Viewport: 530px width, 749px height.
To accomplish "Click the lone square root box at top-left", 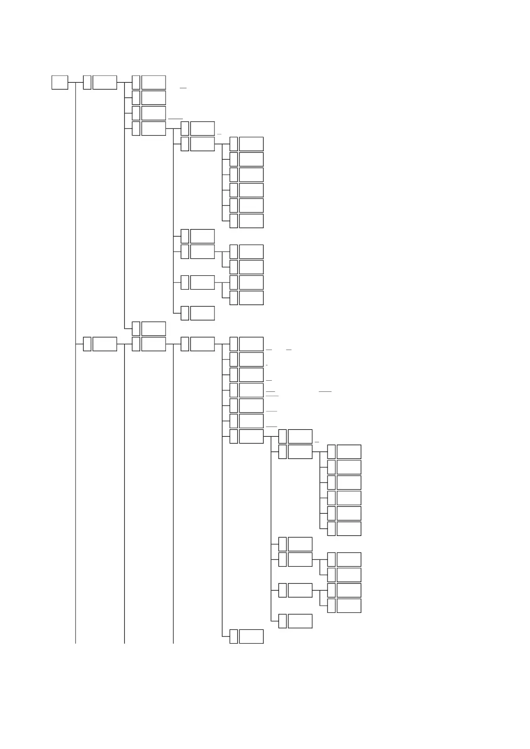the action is click(x=60, y=82).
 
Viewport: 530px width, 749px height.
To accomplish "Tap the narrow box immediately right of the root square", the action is click(x=87, y=82).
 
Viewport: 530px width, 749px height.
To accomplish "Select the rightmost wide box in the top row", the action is click(x=154, y=82).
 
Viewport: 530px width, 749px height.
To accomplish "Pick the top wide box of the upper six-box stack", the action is click(x=251, y=144).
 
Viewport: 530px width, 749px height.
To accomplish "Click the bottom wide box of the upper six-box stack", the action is click(x=251, y=221).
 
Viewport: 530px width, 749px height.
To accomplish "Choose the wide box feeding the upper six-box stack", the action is click(x=202, y=144).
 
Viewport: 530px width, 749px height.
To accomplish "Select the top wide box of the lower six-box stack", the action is click(x=349, y=451).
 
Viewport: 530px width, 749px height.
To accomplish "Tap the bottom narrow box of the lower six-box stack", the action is click(x=331, y=528).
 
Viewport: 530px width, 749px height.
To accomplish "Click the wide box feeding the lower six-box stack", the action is click(x=300, y=451).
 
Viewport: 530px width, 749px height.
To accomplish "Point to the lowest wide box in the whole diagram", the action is click(x=251, y=636).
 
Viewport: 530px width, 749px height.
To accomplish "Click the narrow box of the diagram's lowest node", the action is click(x=234, y=636).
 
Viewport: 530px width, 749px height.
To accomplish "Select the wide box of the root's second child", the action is click(x=105, y=344).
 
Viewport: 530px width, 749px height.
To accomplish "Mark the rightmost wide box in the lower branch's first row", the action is click(x=251, y=344).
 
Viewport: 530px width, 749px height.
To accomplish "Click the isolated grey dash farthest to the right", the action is click(x=325, y=391).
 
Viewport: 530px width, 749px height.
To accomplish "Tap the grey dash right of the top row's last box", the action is click(x=183, y=88).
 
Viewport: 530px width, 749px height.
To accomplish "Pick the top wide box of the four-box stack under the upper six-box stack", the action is click(x=251, y=251).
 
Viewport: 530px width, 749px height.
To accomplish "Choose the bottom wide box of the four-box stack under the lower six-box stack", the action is click(x=349, y=605).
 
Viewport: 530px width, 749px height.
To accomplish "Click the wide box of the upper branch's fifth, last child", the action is click(x=154, y=328).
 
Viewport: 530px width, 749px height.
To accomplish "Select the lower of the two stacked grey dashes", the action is click(x=272, y=395).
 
